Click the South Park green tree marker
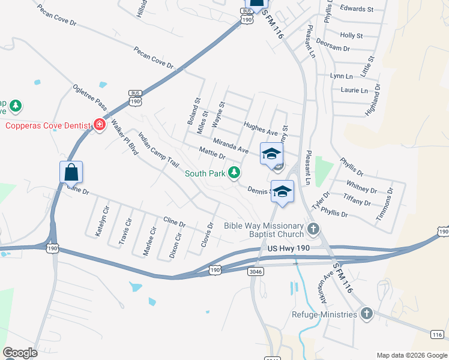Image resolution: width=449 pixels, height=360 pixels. pos(234,173)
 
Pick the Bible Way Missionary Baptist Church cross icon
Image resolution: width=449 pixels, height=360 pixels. pos(312,229)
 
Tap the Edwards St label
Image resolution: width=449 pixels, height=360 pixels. pos(357,9)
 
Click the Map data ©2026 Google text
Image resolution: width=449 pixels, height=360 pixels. pos(412,355)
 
